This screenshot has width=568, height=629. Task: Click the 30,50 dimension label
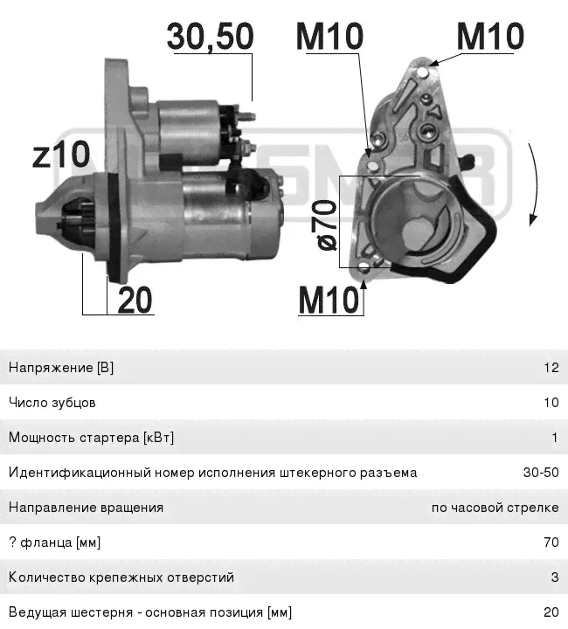pos(211,37)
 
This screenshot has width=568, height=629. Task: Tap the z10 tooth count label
pos(61,154)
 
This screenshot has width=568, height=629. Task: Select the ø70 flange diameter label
pos(328,225)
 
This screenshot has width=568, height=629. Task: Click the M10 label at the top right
pos(490,37)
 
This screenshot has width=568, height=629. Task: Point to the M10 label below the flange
pos(329,300)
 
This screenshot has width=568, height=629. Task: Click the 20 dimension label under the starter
pos(135,300)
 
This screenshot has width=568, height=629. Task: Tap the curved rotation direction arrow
pos(534,184)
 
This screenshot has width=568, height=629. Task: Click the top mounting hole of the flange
pos(423,73)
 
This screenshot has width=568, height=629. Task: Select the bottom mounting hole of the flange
pos(364,267)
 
